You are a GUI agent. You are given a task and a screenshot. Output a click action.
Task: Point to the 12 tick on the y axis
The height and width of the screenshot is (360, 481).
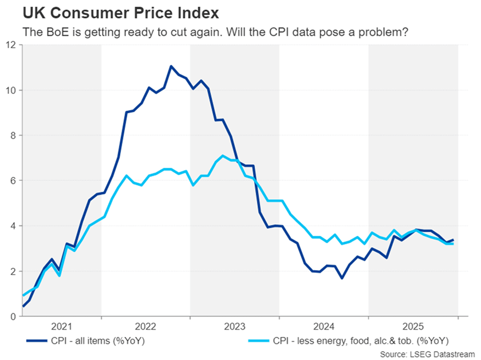[10, 45]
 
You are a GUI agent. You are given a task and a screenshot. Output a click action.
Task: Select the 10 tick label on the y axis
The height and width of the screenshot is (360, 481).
[10, 90]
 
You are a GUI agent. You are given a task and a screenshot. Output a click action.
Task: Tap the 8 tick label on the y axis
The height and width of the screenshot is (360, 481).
[12, 136]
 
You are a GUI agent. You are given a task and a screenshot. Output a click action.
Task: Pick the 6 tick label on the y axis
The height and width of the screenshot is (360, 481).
[12, 181]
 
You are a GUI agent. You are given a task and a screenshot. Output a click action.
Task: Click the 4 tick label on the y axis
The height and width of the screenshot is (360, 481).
[12, 226]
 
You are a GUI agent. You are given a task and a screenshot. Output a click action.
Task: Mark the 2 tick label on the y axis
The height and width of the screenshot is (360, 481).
[12, 271]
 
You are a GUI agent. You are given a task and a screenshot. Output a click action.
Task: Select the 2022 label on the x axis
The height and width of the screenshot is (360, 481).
[146, 327]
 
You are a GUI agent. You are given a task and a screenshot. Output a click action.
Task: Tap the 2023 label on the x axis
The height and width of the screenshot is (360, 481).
[235, 327]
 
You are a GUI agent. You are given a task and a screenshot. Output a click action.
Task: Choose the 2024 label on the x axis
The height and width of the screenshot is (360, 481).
[324, 327]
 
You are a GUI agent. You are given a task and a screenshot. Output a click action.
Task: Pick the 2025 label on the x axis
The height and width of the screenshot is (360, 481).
[413, 327]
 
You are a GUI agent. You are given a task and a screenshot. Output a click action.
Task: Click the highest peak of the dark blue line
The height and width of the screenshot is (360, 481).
[171, 66]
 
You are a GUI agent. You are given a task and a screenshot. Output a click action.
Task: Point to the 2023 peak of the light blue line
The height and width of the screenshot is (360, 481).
[223, 156]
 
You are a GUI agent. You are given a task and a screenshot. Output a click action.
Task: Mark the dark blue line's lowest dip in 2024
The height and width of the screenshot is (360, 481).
[342, 278]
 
